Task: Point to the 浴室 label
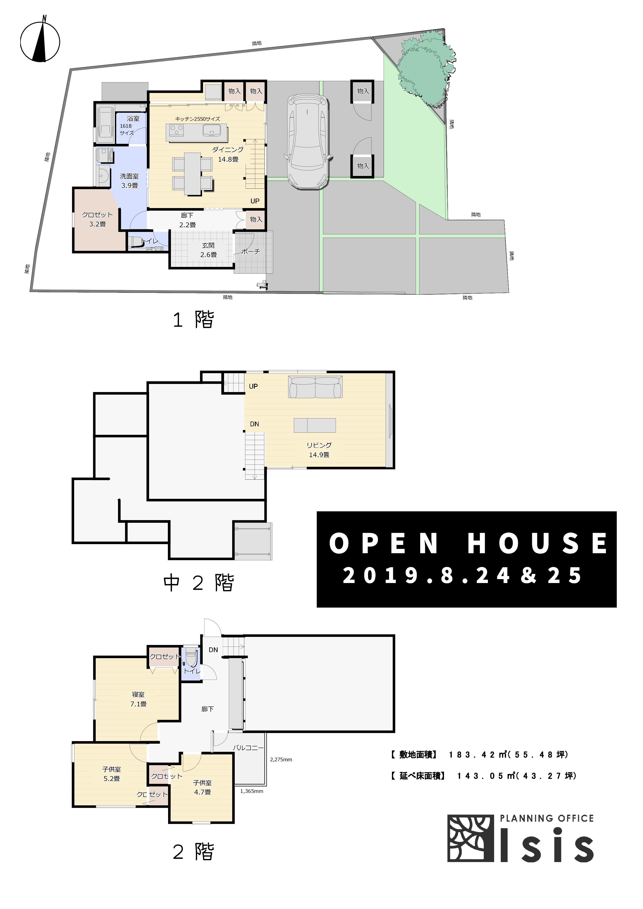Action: tap(133, 118)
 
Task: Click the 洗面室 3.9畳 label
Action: tap(129, 181)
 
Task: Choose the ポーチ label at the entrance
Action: tap(250, 251)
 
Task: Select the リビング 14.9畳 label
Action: tap(319, 450)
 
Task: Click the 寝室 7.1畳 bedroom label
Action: tap(138, 699)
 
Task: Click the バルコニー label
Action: tap(248, 748)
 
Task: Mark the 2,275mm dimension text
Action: tap(281, 759)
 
